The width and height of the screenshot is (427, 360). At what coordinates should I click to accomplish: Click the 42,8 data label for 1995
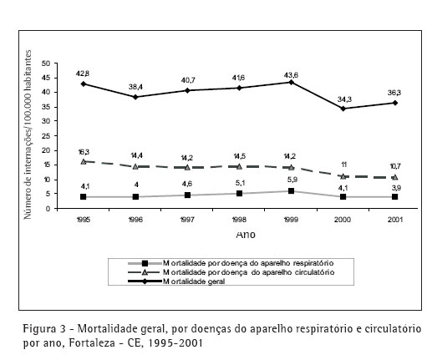click(x=83, y=74)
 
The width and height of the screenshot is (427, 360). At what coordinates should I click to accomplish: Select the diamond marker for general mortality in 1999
click(x=291, y=82)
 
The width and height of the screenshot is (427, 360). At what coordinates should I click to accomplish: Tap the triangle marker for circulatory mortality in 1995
click(x=84, y=161)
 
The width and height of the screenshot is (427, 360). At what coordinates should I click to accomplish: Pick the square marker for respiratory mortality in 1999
click(x=291, y=191)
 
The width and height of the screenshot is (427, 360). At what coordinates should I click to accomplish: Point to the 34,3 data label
click(x=344, y=99)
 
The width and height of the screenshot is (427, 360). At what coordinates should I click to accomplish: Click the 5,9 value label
click(x=292, y=180)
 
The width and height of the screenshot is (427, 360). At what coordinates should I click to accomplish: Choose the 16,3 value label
click(x=84, y=152)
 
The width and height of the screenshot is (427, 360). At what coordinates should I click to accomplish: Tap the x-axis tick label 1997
click(x=187, y=220)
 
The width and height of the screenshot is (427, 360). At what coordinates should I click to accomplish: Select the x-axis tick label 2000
click(x=343, y=220)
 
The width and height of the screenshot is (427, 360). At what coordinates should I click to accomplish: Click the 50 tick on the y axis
click(x=46, y=63)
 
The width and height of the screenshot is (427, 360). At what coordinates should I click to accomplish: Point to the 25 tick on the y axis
click(x=46, y=136)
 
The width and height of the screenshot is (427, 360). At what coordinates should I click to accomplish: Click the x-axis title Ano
click(x=246, y=235)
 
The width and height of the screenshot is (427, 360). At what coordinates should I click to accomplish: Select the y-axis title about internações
click(x=28, y=134)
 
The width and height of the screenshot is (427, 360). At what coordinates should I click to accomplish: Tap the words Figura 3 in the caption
click(x=44, y=329)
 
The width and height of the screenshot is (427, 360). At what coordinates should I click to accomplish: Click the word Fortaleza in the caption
click(x=92, y=342)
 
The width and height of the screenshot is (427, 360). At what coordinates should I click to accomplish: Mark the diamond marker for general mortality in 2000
click(x=343, y=109)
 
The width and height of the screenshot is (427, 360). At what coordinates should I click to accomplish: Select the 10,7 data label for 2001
click(x=395, y=166)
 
